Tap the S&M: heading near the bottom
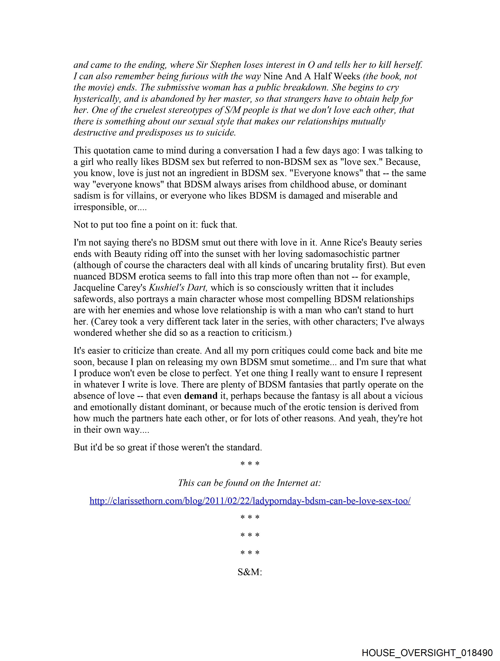click(x=250, y=572)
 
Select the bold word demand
click(x=201, y=396)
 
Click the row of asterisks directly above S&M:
click(x=250, y=553)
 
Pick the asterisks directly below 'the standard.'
click(x=250, y=464)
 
